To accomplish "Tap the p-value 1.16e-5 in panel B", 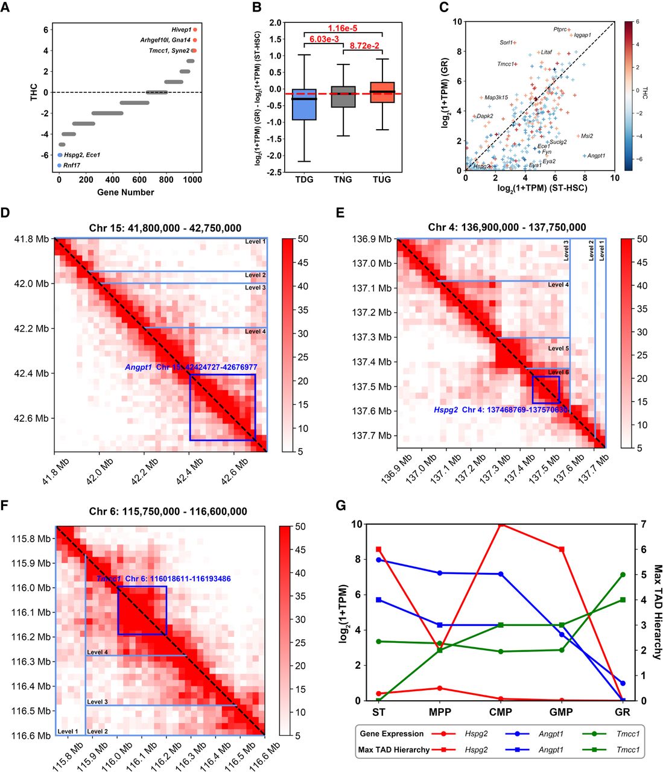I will point(343,28).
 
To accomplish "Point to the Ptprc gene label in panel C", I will point(560,29).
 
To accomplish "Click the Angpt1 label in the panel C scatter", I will point(596,156).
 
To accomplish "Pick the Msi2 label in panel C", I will point(587,136).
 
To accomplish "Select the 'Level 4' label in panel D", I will point(255,332).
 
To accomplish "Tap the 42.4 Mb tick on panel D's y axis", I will point(31,374).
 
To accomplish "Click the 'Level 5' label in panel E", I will point(559,349).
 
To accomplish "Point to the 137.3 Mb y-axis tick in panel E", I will point(373,337).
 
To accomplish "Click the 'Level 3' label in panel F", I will point(98,702).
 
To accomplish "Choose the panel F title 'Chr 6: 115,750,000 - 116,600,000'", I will point(168,511).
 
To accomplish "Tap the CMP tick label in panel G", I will point(501,712).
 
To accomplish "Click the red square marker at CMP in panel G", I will point(501,524).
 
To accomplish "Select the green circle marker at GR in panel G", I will point(623,575).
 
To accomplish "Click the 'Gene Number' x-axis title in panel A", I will point(125,192).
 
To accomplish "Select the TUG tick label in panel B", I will point(381,179).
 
